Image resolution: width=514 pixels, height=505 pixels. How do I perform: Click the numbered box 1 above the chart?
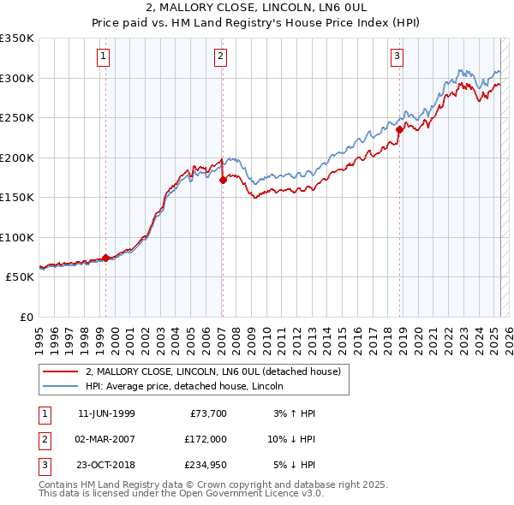coord(103,57)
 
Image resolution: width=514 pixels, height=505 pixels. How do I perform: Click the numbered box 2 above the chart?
coord(220,57)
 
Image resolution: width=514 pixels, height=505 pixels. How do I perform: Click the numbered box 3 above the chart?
coord(397,57)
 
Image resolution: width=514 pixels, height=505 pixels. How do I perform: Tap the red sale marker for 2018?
coord(399,129)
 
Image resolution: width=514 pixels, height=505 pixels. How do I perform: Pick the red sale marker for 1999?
coord(105,258)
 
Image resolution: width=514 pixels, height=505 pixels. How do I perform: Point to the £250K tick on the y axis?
coord(17,118)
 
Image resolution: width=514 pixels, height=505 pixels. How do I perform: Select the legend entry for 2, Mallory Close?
coord(213,371)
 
